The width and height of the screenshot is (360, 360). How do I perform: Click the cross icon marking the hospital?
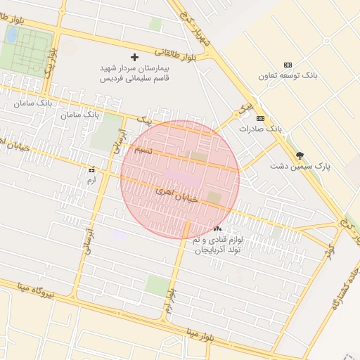pyautogui.click(x=135, y=56)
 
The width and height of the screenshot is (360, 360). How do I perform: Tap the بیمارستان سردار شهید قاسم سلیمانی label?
pyautogui.click(x=136, y=73)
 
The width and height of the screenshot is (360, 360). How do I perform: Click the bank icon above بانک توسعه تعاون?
pyautogui.click(x=287, y=65)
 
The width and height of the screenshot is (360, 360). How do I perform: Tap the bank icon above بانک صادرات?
pyautogui.click(x=260, y=118)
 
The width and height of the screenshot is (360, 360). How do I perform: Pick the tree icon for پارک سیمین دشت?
pyautogui.click(x=301, y=155)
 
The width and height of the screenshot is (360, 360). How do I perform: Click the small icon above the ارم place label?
pyautogui.click(x=91, y=170)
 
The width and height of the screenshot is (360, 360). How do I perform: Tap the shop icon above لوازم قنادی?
pyautogui.click(x=217, y=229)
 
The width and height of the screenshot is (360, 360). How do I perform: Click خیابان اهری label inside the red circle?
pyautogui.click(x=173, y=191)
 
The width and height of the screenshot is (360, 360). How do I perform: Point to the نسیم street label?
pyautogui.click(x=143, y=150)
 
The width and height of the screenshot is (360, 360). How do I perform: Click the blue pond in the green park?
pyautogui.click(x=13, y=34)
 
